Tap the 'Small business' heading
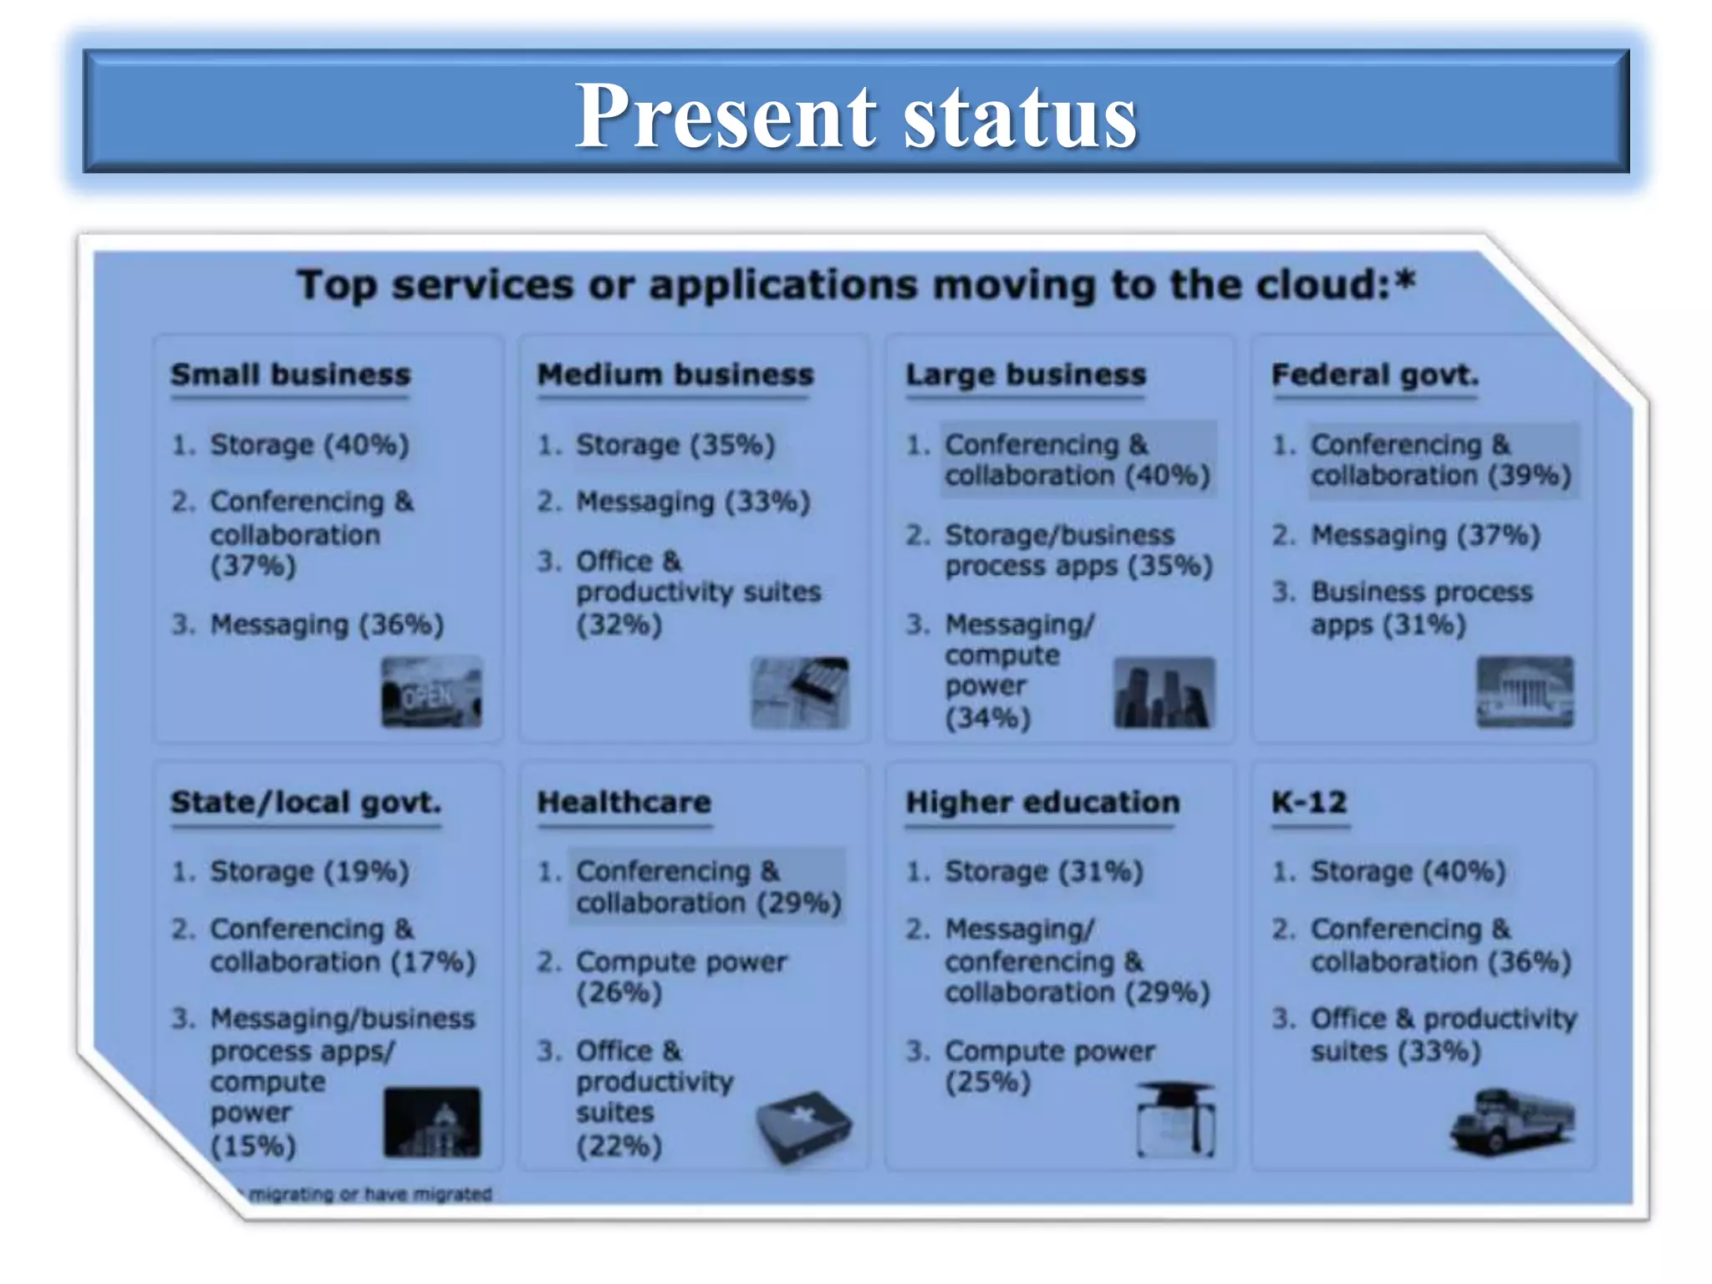click(290, 374)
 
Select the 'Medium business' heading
click(675, 374)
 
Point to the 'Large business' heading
click(1026, 374)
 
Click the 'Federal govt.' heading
click(1375, 374)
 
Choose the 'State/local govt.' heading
click(306, 802)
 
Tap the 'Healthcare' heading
click(624, 802)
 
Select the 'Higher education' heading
click(1042, 802)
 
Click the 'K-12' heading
click(1309, 802)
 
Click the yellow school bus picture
click(1512, 1122)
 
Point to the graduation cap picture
click(1176, 1119)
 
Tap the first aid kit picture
click(803, 1126)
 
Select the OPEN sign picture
click(431, 692)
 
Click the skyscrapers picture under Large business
click(1164, 692)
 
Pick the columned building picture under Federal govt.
click(1525, 692)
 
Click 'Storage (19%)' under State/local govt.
click(309, 872)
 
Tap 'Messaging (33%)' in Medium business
click(693, 502)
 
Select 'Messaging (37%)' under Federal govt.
click(1425, 535)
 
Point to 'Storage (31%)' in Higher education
click(1043, 872)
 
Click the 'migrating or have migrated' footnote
click(369, 1194)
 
